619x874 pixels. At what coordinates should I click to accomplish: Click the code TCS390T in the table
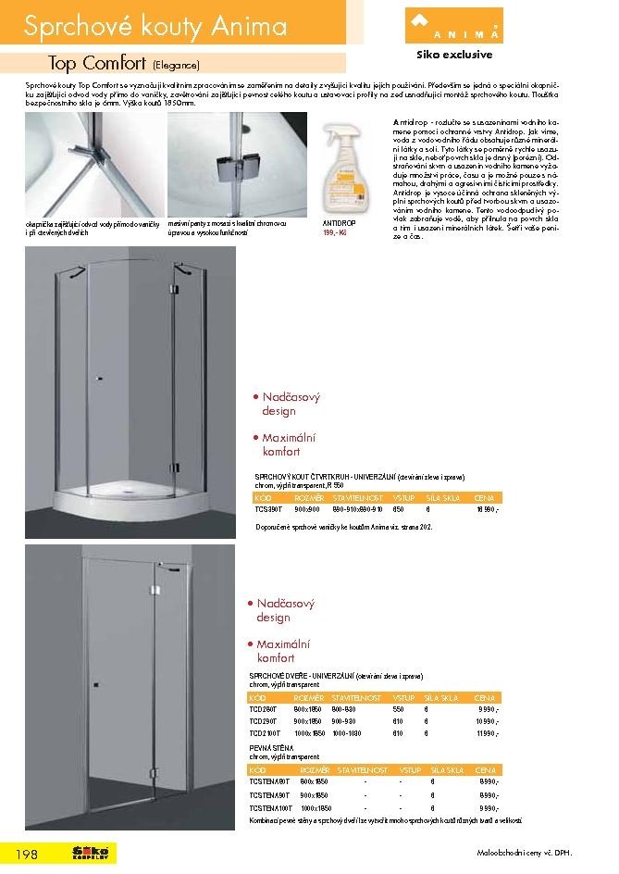click(x=269, y=509)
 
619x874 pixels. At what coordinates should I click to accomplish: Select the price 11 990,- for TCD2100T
click(x=487, y=732)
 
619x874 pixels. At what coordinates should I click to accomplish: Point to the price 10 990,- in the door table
click(x=487, y=719)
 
